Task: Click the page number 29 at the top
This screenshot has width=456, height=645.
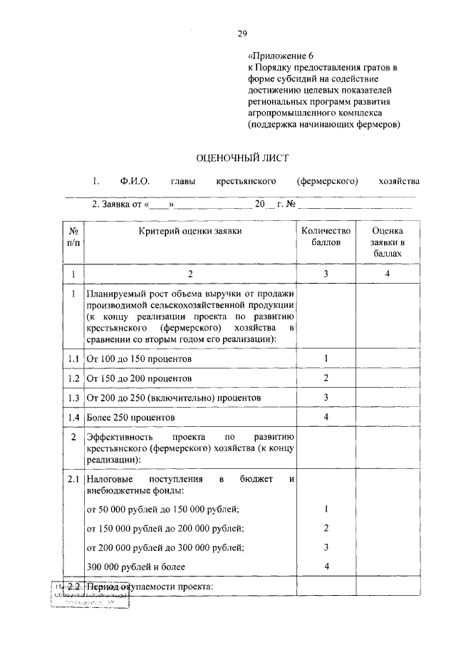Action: pos(242,31)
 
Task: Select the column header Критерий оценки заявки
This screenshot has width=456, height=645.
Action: pos(190,231)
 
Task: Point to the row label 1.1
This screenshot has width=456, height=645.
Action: pos(73,358)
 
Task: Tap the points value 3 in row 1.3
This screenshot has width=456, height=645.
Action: pos(326,397)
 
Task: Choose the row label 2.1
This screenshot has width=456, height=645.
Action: pos(73,480)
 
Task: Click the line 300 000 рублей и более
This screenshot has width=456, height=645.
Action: pos(135,566)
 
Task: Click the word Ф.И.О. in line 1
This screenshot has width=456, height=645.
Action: pos(135,181)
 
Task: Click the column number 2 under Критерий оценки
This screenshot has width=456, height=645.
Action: pos(190,274)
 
